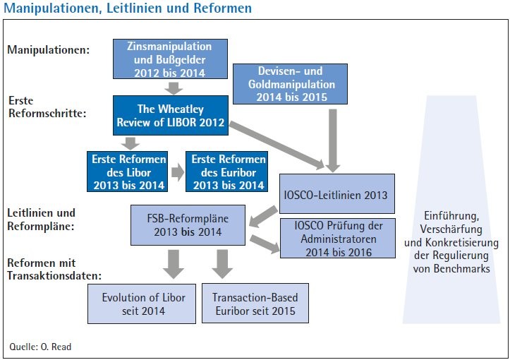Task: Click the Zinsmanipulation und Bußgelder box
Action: tap(170, 59)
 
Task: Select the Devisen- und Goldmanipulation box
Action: tap(290, 84)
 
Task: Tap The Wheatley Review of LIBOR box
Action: tap(171, 115)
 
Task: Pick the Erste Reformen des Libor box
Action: tap(127, 172)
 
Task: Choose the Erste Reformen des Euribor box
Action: tap(226, 172)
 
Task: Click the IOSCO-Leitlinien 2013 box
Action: tap(337, 193)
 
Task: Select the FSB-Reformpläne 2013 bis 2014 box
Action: tap(188, 225)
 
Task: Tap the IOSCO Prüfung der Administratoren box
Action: tap(338, 239)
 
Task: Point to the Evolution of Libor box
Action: tap(142, 304)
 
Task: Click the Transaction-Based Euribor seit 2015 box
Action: tap(255, 304)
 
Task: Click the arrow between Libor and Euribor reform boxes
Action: tap(178, 172)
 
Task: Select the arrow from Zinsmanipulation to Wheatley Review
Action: tap(174, 88)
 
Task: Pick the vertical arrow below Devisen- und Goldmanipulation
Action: tap(332, 140)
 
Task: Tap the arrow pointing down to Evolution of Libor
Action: tap(174, 264)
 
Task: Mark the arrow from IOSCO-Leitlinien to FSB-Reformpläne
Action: tap(263, 216)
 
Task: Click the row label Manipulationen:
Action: tap(49, 50)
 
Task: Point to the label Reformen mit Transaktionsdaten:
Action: tap(54, 269)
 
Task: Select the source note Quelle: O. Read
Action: tap(40, 347)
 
